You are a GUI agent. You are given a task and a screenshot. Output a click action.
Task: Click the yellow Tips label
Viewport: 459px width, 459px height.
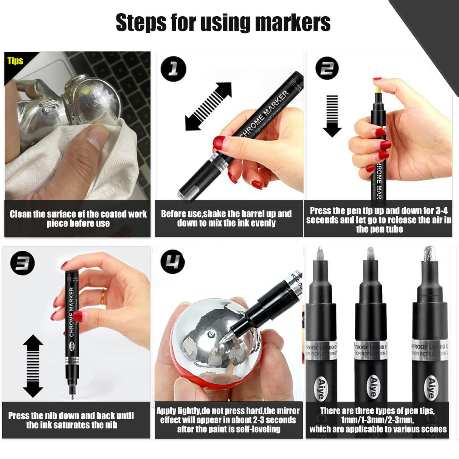tap(15, 61)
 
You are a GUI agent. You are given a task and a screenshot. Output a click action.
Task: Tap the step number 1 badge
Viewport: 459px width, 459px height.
tap(173, 70)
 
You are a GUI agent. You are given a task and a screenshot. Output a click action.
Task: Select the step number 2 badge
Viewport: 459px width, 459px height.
tap(327, 68)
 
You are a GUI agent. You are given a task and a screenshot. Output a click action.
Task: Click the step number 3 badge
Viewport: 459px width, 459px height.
tap(23, 263)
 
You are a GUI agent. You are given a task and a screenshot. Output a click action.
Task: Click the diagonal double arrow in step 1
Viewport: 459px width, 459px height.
tap(208, 107)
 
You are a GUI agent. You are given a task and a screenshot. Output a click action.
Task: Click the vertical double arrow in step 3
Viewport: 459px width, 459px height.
tap(33, 366)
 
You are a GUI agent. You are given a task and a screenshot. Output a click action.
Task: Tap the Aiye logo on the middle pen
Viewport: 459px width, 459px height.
tap(373, 387)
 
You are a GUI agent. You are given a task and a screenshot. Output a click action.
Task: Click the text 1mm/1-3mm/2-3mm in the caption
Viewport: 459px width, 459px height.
tap(377, 420)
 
